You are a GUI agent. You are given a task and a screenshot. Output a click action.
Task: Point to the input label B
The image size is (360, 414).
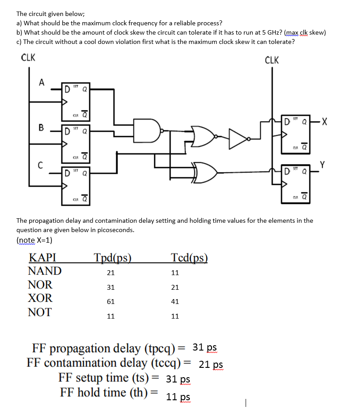[x=41, y=128]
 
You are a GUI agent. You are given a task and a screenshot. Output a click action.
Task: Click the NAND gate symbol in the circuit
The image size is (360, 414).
[x=149, y=130]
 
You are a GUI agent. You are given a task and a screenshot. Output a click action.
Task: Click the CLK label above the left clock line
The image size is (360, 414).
[x=28, y=58]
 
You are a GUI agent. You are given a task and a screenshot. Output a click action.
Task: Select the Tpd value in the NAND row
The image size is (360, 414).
[x=111, y=272]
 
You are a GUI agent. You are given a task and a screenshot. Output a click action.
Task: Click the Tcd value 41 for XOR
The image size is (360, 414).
[x=175, y=302]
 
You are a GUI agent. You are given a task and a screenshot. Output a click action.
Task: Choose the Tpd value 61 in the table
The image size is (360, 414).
[x=111, y=302]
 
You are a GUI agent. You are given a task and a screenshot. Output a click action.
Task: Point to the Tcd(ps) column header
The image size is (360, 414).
[x=189, y=258]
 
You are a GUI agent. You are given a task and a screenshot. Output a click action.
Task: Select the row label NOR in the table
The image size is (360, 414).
[x=40, y=284]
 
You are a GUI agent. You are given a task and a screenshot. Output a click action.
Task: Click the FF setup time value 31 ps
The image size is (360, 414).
[x=178, y=379]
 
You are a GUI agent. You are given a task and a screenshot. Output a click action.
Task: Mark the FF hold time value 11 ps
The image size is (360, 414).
[x=178, y=397]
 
